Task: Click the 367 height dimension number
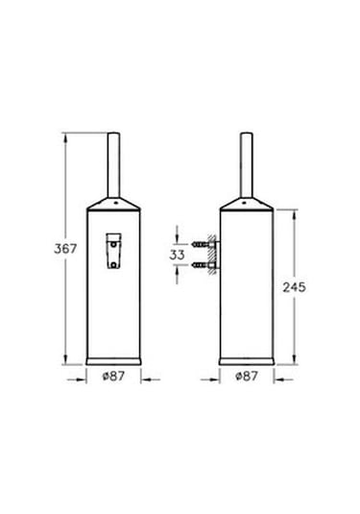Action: [65, 249]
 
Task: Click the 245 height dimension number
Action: [294, 287]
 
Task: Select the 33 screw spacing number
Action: [177, 255]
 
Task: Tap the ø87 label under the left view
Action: [113, 376]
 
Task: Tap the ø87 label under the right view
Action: [247, 376]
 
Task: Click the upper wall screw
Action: [200, 244]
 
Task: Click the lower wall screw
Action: [200, 264]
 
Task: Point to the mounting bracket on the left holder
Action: [113, 251]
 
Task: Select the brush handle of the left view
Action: [113, 165]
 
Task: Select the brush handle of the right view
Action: [247, 165]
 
